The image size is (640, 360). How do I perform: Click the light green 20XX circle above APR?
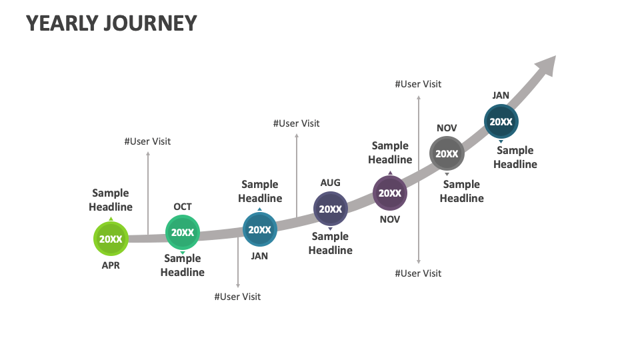click(x=111, y=239)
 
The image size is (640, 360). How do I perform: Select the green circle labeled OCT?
click(x=182, y=232)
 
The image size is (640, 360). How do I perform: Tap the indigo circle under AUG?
click(x=330, y=209)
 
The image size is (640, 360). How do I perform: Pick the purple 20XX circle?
click(x=389, y=193)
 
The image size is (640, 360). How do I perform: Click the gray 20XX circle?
click(x=447, y=153)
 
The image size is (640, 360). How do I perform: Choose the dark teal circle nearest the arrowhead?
click(x=501, y=121)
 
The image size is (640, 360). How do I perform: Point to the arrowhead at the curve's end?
click(x=547, y=65)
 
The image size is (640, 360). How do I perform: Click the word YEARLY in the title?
click(x=61, y=23)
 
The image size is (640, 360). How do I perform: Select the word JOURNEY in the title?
click(x=149, y=23)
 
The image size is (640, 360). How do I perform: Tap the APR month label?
click(x=111, y=265)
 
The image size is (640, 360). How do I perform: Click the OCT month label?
click(x=182, y=207)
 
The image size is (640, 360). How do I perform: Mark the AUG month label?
click(x=330, y=183)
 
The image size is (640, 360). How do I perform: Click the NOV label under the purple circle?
click(x=389, y=219)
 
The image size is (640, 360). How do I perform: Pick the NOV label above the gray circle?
click(x=447, y=128)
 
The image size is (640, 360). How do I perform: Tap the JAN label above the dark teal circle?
click(x=501, y=95)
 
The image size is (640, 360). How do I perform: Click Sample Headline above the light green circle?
click(x=111, y=200)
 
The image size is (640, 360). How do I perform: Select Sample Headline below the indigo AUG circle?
click(x=330, y=243)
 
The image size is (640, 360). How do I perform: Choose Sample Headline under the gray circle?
click(x=461, y=191)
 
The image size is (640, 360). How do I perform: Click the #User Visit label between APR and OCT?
click(x=147, y=141)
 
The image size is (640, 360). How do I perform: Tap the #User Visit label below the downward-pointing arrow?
click(x=237, y=297)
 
